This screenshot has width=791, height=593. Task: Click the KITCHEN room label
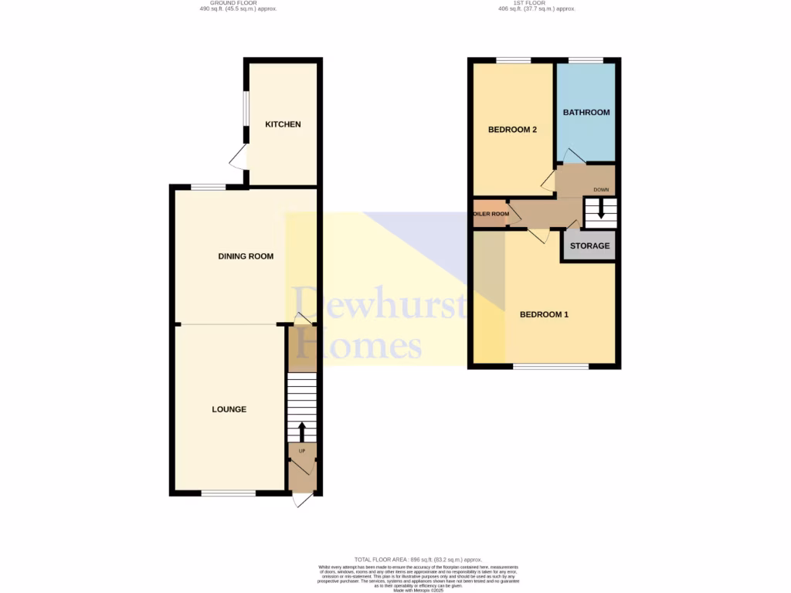[x=283, y=124]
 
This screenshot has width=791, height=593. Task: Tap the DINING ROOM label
[x=246, y=256]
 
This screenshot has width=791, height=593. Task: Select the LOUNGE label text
[x=229, y=409]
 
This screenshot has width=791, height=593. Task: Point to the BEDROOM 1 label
[x=544, y=314]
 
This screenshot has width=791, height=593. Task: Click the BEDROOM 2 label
[x=512, y=130]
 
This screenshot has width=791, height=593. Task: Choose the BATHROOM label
[x=586, y=112]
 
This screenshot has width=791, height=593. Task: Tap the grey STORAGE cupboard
[x=589, y=246]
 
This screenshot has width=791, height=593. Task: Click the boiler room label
[x=491, y=214]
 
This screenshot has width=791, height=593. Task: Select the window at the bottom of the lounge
[x=228, y=493]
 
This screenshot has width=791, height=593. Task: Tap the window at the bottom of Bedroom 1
[x=550, y=366]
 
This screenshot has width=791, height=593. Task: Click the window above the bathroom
[x=586, y=60]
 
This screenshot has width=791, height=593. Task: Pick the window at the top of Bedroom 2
[x=513, y=60]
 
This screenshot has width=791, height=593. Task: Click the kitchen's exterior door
[x=239, y=161]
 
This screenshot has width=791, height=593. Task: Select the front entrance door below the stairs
[x=302, y=500]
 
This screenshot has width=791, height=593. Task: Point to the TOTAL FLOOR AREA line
[x=418, y=559]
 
